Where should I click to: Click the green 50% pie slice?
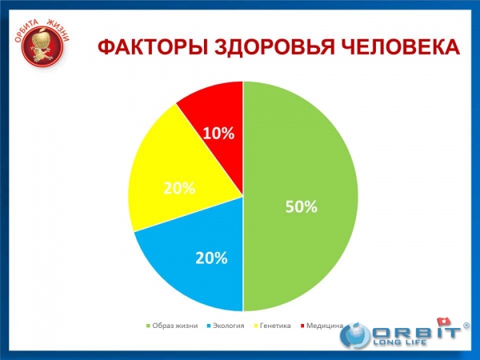point(300,196)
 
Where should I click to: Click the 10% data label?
point(218,134)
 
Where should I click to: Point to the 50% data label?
point(302,206)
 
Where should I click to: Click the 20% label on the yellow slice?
point(179,188)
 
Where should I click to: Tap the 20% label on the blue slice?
point(211,258)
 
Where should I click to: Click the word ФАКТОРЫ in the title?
point(154,47)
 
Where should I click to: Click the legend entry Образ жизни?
point(172,326)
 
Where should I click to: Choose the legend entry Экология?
point(226,326)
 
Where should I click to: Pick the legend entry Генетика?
point(272,326)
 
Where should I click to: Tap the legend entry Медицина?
point(322,326)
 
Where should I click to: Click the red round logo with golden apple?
point(42,46)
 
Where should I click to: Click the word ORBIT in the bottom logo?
point(416,333)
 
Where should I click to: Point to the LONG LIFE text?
point(400,342)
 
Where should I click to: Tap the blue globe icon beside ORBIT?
point(356,335)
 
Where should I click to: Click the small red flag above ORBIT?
point(444,322)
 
